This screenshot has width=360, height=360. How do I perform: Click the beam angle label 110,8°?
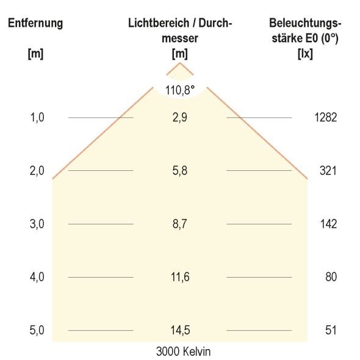179,90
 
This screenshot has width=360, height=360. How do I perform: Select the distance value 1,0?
37,118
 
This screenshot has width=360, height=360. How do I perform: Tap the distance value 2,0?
37,171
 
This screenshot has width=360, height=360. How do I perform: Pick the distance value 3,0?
37,224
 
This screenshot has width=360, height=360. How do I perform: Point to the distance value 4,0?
37,277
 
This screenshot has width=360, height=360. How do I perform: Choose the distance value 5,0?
37,331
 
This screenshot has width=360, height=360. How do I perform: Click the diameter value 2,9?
179,118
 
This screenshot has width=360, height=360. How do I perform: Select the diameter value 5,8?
179,171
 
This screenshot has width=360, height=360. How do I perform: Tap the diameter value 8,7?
179,224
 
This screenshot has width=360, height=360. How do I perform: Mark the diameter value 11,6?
179,277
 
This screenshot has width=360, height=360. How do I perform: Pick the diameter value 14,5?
179,331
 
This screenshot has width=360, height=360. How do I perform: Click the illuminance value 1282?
326,118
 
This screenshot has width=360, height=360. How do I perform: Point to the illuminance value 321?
328,171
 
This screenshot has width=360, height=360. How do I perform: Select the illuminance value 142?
328,224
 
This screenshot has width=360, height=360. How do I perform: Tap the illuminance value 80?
331,277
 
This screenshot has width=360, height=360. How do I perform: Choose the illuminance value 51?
331,331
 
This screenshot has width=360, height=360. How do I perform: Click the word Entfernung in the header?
35,24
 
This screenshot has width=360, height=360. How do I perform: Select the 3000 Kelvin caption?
183,351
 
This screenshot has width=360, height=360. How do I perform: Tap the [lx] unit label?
304,53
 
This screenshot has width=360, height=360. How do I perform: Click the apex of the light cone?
179,63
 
